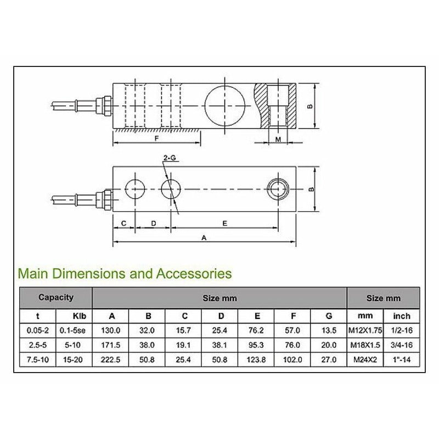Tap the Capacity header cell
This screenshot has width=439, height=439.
tap(55, 297)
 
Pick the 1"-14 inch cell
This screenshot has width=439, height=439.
tap(401, 361)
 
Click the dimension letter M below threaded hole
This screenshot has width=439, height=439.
tap(278, 139)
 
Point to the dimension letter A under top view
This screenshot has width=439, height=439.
tap(205, 238)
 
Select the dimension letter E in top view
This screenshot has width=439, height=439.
tap(226, 223)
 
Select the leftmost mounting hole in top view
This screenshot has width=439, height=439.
tap(135, 190)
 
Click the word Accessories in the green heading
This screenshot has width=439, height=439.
tap(194, 273)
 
